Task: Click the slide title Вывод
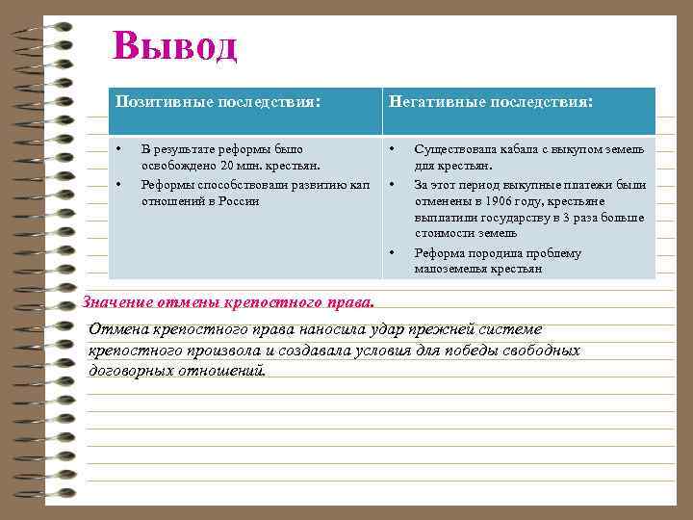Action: (x=174, y=45)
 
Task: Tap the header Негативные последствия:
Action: (x=490, y=100)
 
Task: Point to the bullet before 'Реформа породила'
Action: (x=393, y=253)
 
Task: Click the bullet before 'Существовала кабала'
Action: (x=393, y=149)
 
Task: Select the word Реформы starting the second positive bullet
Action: (x=167, y=184)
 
